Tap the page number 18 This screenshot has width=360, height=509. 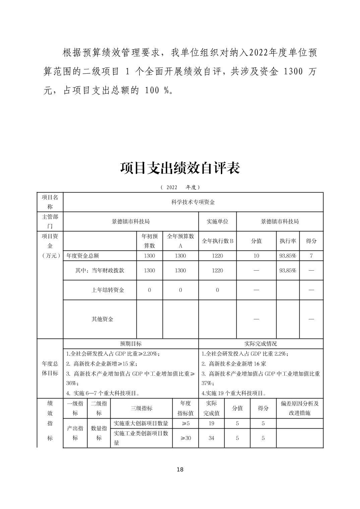[x=180, y=469]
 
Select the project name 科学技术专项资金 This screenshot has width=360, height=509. [x=193, y=202]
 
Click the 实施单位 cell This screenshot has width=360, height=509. [x=217, y=221]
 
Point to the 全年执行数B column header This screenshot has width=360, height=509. [x=217, y=241]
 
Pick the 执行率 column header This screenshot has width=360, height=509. [x=288, y=241]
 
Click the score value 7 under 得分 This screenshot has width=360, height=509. [x=311, y=256]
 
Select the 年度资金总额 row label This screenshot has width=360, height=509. [x=83, y=256]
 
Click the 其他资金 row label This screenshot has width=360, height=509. [x=102, y=319]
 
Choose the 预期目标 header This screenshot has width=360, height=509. [x=131, y=344]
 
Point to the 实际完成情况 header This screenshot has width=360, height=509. [x=260, y=344]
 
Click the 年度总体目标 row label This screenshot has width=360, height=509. [x=50, y=368]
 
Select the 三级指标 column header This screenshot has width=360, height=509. [x=141, y=408]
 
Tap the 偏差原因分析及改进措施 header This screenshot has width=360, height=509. [x=300, y=408]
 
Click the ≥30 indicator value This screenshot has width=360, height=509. [x=185, y=438]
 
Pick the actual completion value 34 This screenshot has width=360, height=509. [x=211, y=438]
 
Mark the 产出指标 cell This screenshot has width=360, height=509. [x=75, y=433]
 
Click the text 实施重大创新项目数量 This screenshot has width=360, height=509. [x=141, y=423]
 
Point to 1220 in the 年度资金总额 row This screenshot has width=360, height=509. [x=217, y=256]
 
